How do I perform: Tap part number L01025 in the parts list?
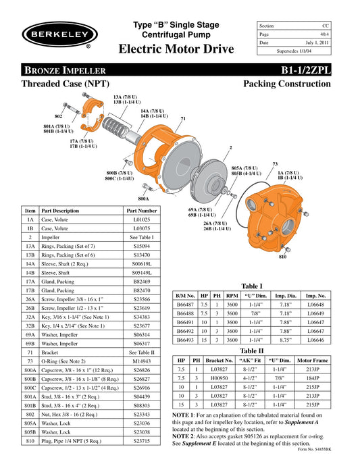(x=142, y=219)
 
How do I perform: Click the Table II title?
(x=251, y=351)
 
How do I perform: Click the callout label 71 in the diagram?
(x=183, y=118)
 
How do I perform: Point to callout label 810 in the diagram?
(x=282, y=257)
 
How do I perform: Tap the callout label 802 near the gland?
(x=58, y=116)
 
